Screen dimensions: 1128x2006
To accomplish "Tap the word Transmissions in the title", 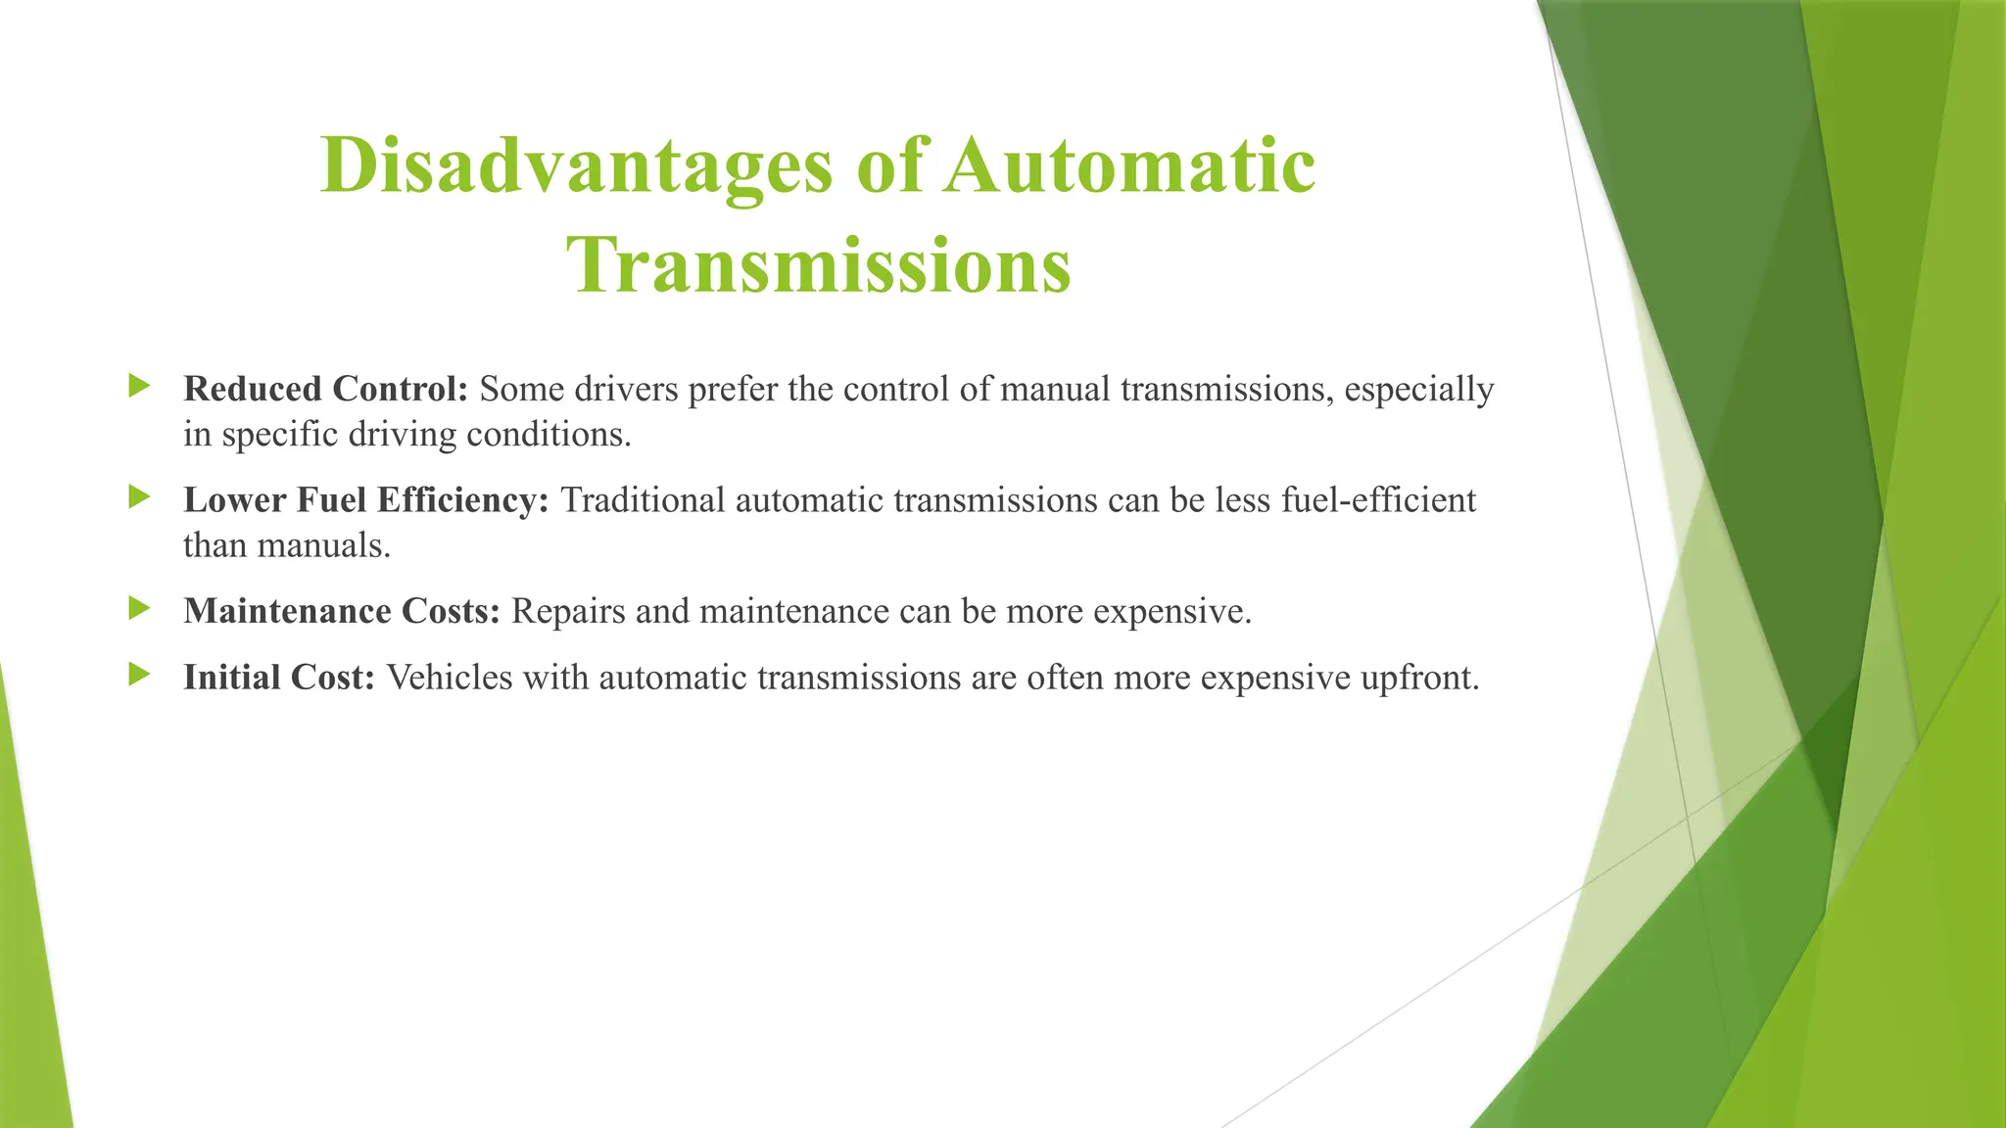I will (819, 266).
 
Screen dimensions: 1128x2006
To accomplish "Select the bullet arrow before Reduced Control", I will (139, 386).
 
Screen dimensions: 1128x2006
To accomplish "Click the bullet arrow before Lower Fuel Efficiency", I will (139, 497).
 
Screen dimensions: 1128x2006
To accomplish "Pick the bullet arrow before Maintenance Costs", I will (139, 609).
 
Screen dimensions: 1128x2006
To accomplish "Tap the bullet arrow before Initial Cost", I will (139, 675).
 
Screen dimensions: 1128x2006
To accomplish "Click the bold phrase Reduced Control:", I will (326, 389).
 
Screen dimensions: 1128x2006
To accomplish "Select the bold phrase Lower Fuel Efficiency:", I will (366, 500).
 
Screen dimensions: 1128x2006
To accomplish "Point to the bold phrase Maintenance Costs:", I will (342, 611).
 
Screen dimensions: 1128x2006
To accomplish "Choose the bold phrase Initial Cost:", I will (279, 678).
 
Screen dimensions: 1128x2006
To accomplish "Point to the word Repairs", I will (567, 613).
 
